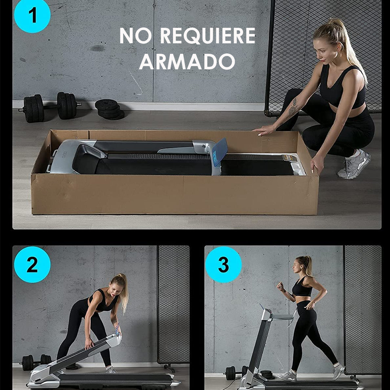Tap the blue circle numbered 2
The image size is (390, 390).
click(x=32, y=265)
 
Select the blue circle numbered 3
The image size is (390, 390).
click(x=223, y=265)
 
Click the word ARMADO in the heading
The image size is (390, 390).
click(x=187, y=61)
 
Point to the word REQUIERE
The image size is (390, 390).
click(x=208, y=36)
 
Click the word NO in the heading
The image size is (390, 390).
click(x=136, y=36)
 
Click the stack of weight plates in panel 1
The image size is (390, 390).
click(x=109, y=109)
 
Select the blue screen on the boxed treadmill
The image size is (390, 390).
click(x=220, y=152)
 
